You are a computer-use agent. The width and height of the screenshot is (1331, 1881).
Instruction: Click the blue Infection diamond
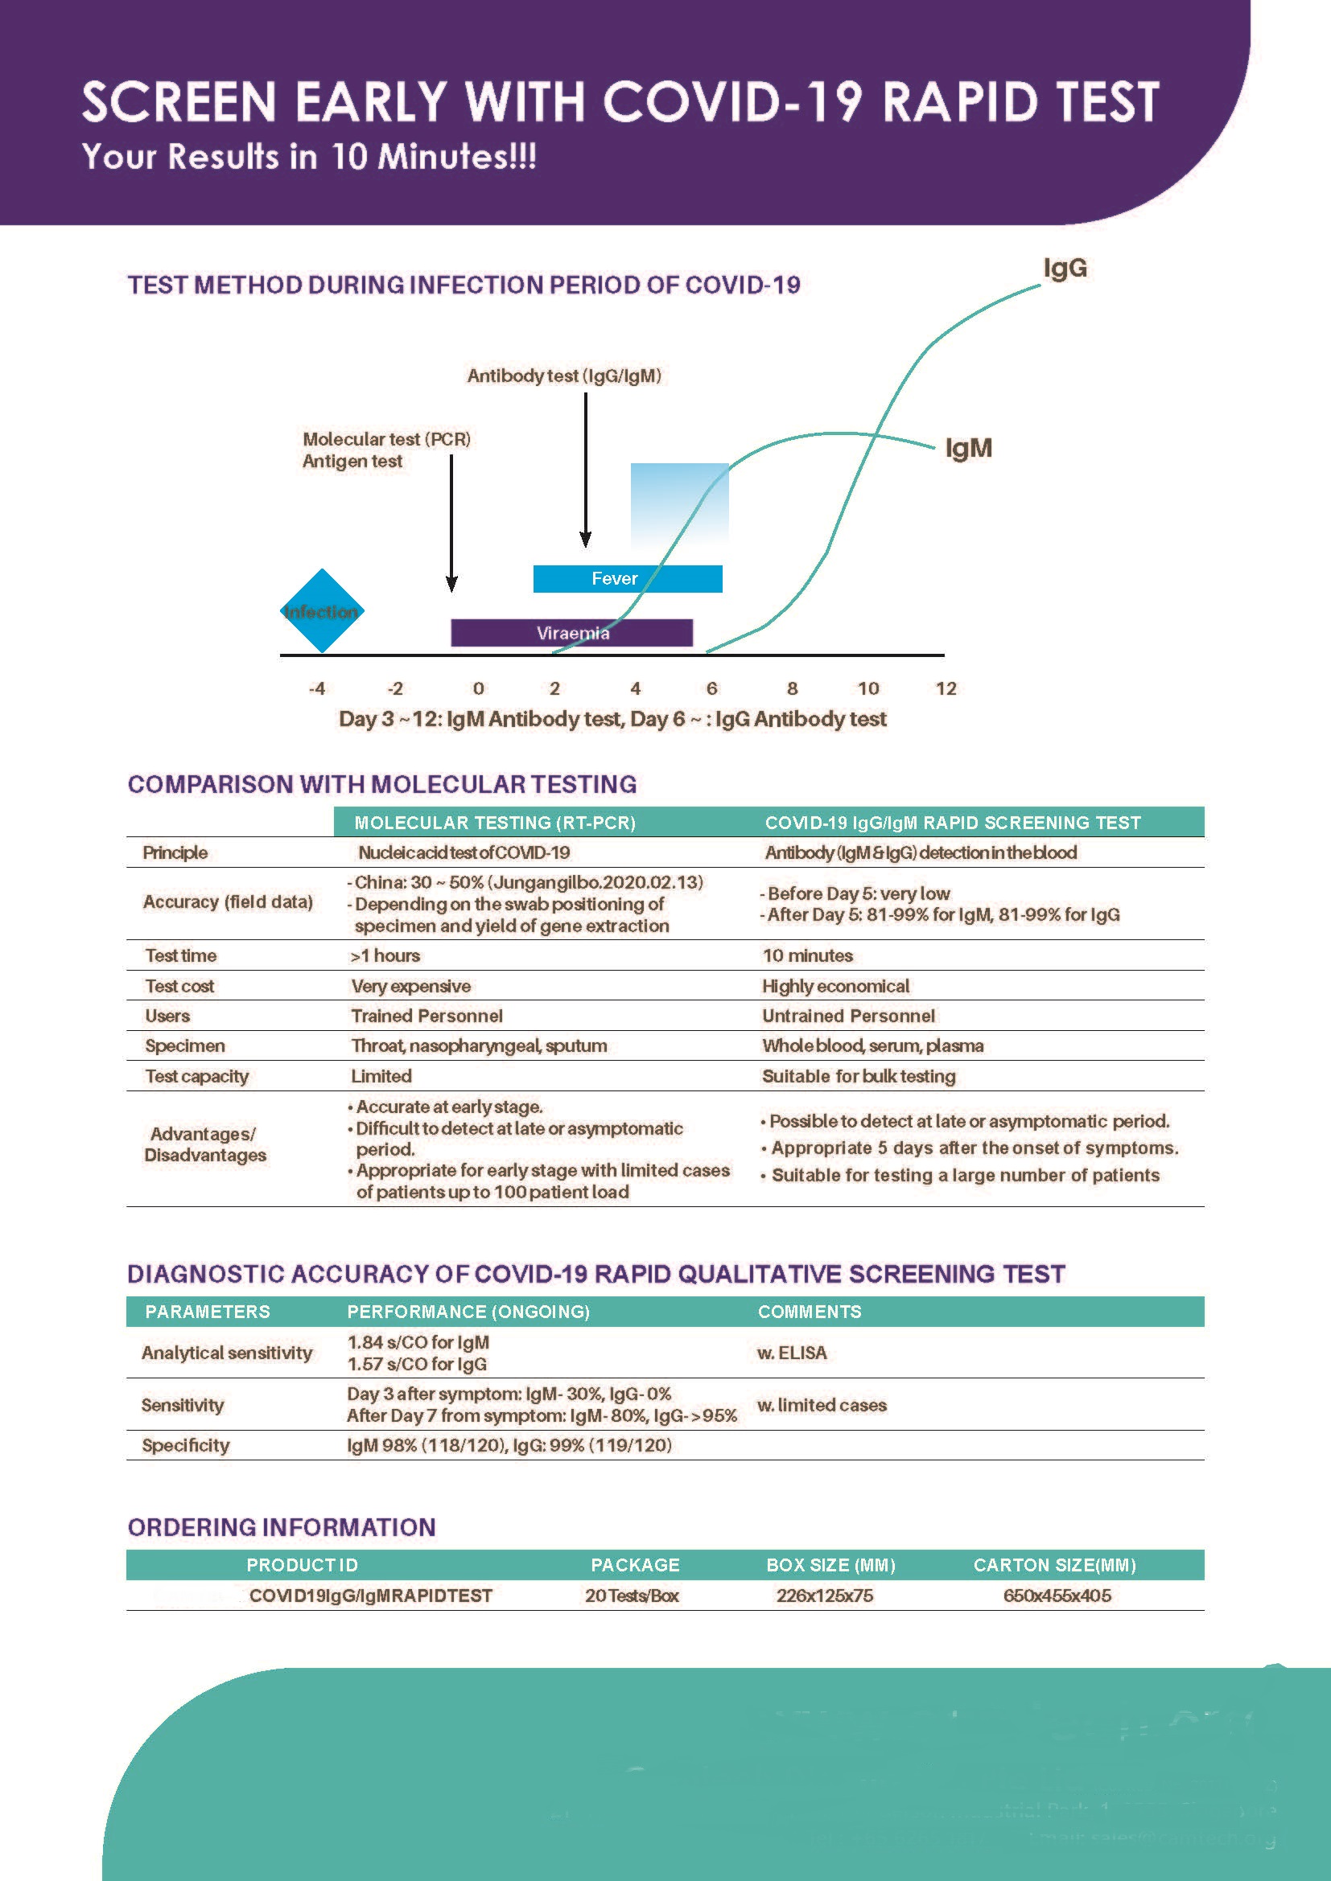[x=322, y=611]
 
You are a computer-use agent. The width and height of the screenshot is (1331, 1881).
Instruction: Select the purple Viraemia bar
[x=571, y=632]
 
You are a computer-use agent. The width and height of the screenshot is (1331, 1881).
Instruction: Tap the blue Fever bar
[x=627, y=578]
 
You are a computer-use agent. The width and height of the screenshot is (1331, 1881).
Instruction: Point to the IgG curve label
[x=1065, y=268]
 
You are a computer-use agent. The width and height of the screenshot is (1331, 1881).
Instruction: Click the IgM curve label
[x=968, y=448]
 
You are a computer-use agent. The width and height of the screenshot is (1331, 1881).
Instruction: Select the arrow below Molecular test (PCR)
[x=451, y=524]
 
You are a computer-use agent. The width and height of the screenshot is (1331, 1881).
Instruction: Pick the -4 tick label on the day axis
[x=316, y=688]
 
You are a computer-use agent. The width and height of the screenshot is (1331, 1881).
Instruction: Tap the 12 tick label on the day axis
[x=946, y=688]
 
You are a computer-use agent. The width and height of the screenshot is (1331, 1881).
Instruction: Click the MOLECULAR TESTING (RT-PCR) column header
[x=494, y=823]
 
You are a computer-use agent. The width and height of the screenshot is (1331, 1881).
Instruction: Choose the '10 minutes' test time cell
[x=807, y=955]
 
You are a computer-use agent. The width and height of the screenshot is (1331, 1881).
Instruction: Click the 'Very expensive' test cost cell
[x=410, y=986]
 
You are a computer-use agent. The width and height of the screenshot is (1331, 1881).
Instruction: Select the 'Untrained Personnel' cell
[x=848, y=1016]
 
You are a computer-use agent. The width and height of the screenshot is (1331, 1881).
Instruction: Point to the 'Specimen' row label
[x=184, y=1045]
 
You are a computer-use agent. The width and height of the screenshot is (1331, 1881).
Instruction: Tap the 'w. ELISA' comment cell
[x=792, y=1353]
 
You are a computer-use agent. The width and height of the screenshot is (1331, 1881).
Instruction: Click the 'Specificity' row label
[x=185, y=1445]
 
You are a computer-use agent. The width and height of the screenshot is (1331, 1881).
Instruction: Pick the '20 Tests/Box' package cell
[x=631, y=1595]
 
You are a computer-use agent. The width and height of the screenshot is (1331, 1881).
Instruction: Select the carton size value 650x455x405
[x=1057, y=1595]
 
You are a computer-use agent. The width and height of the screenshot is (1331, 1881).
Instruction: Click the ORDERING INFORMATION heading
[x=281, y=1527]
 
